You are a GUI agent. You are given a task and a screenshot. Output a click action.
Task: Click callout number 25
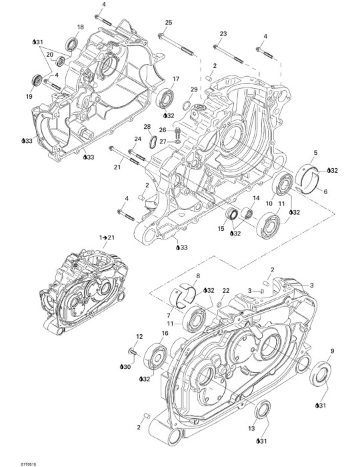click(x=169, y=22)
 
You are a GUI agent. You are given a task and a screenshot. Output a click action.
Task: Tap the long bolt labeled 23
click(x=229, y=54)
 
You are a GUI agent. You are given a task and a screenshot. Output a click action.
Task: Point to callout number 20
click(x=50, y=54)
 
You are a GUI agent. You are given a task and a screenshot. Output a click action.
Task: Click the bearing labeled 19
click(x=37, y=81)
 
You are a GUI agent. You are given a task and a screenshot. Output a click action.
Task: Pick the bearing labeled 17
click(x=165, y=97)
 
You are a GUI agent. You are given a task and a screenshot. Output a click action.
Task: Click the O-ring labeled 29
click(x=187, y=105)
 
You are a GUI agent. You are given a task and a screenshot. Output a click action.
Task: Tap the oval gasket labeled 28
click(x=153, y=141)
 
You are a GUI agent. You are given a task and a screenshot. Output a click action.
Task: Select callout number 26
click(x=163, y=130)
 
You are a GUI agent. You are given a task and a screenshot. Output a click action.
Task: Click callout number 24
click(x=138, y=139)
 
